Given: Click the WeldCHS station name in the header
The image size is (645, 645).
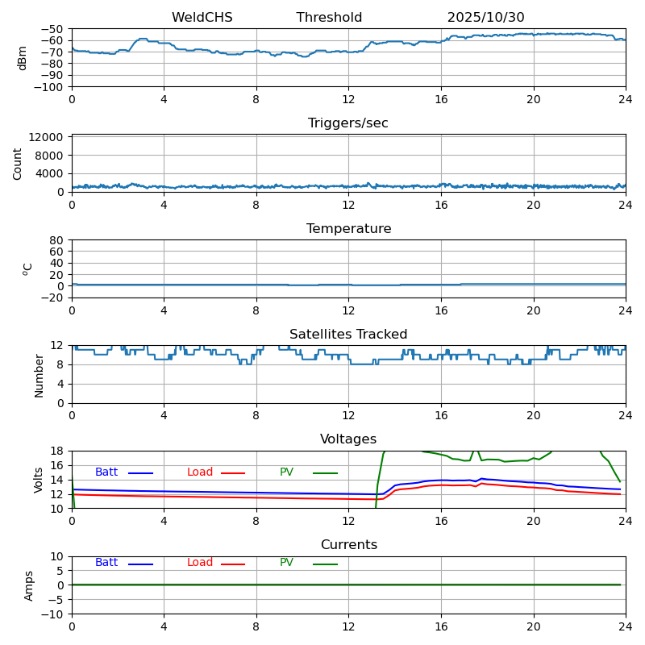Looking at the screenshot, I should [x=202, y=18].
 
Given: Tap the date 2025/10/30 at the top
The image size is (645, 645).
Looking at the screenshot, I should [x=485, y=18].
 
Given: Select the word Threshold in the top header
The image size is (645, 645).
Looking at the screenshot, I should [x=329, y=18].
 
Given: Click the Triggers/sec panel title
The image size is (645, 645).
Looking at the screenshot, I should [x=348, y=123].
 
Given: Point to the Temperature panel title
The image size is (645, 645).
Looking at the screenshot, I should [x=348, y=229].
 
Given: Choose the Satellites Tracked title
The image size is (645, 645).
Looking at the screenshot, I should [x=348, y=335].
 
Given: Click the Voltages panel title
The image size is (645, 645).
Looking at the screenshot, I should [x=348, y=439].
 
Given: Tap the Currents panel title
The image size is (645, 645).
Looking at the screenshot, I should [x=348, y=545].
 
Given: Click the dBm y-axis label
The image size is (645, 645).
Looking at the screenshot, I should [x=23, y=57].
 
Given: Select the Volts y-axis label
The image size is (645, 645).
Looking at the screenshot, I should [x=39, y=480].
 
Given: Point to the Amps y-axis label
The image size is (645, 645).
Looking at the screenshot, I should [x=29, y=585].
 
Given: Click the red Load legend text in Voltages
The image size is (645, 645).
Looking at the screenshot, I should [x=200, y=472].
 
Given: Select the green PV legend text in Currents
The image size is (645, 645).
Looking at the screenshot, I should [x=286, y=563].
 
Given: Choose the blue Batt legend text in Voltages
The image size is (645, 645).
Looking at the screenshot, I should [x=106, y=472].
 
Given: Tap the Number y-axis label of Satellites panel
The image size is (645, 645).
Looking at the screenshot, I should [x=39, y=374].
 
